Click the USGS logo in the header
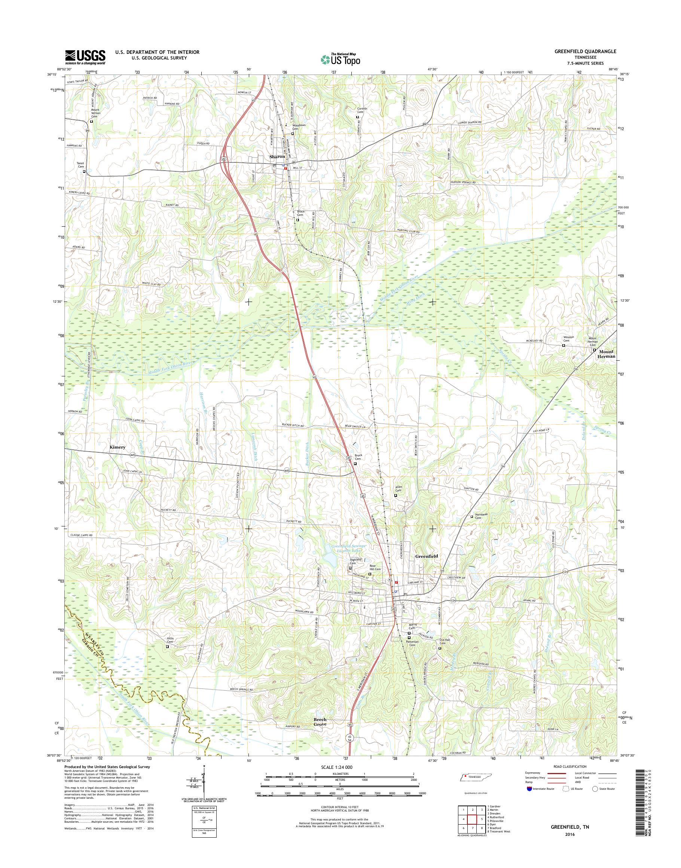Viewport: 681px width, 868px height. pyautogui.click(x=85, y=56)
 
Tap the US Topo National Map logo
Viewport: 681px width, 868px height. pyautogui.click(x=340, y=59)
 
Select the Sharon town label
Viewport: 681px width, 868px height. pyautogui.click(x=277, y=157)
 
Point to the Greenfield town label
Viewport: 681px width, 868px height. pyautogui.click(x=427, y=556)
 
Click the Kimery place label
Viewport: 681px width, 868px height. pyautogui.click(x=117, y=447)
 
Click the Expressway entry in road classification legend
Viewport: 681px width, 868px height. pyautogui.click(x=534, y=773)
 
